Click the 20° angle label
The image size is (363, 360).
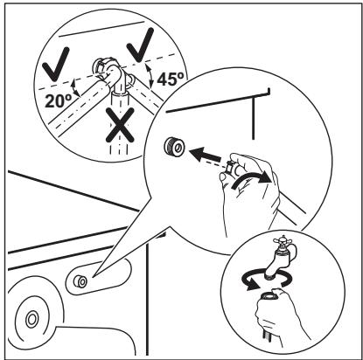click(59, 100)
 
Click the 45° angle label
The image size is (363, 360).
click(171, 79)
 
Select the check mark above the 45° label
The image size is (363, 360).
click(141, 45)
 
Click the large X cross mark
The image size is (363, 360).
click(120, 125)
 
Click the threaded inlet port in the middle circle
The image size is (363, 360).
click(174, 146)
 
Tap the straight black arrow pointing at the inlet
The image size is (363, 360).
click(205, 155)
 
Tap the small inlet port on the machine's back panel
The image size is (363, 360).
click(80, 281)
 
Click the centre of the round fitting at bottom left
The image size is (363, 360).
click(31, 320)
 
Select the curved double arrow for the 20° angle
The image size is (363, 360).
click(75, 87)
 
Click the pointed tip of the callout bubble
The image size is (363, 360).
click(94, 275)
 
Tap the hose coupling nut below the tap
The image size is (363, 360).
click(268, 295)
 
